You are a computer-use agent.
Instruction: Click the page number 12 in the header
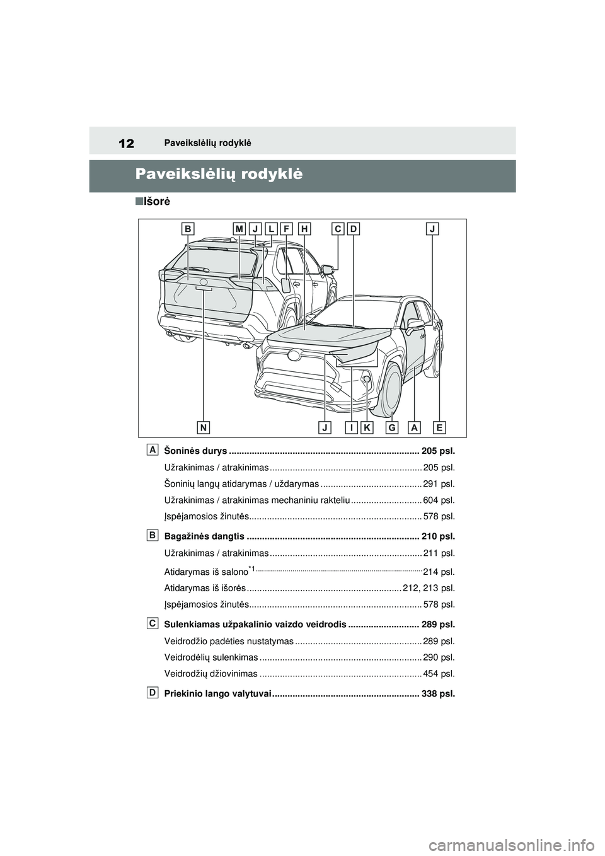tap(126, 143)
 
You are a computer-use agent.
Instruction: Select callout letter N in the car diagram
tap(204, 427)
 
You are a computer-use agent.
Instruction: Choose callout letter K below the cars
tap(367, 427)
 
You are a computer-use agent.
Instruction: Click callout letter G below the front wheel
tap(393, 427)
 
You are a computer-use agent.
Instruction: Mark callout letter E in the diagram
tap(439, 427)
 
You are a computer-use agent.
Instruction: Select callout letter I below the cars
tap(352, 427)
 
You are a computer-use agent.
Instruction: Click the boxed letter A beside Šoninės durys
tap(153, 449)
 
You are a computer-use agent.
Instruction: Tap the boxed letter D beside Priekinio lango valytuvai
tap(153, 693)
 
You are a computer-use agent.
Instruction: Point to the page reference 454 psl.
tap(439, 674)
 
